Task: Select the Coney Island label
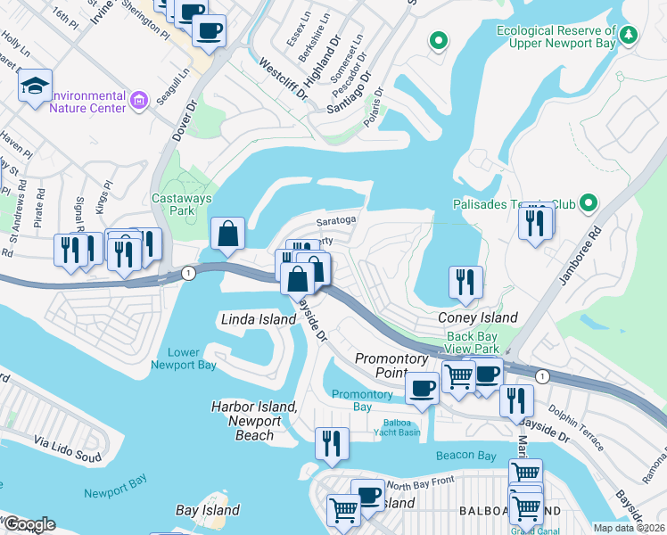click(477, 317)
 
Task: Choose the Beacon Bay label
click(465, 456)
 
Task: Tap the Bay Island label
click(208, 510)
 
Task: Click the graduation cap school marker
click(35, 86)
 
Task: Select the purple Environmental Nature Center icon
click(138, 100)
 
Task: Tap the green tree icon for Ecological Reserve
click(630, 35)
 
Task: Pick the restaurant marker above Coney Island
click(465, 282)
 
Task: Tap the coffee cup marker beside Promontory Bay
click(422, 387)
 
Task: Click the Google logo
click(29, 524)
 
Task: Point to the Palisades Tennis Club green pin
click(587, 204)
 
